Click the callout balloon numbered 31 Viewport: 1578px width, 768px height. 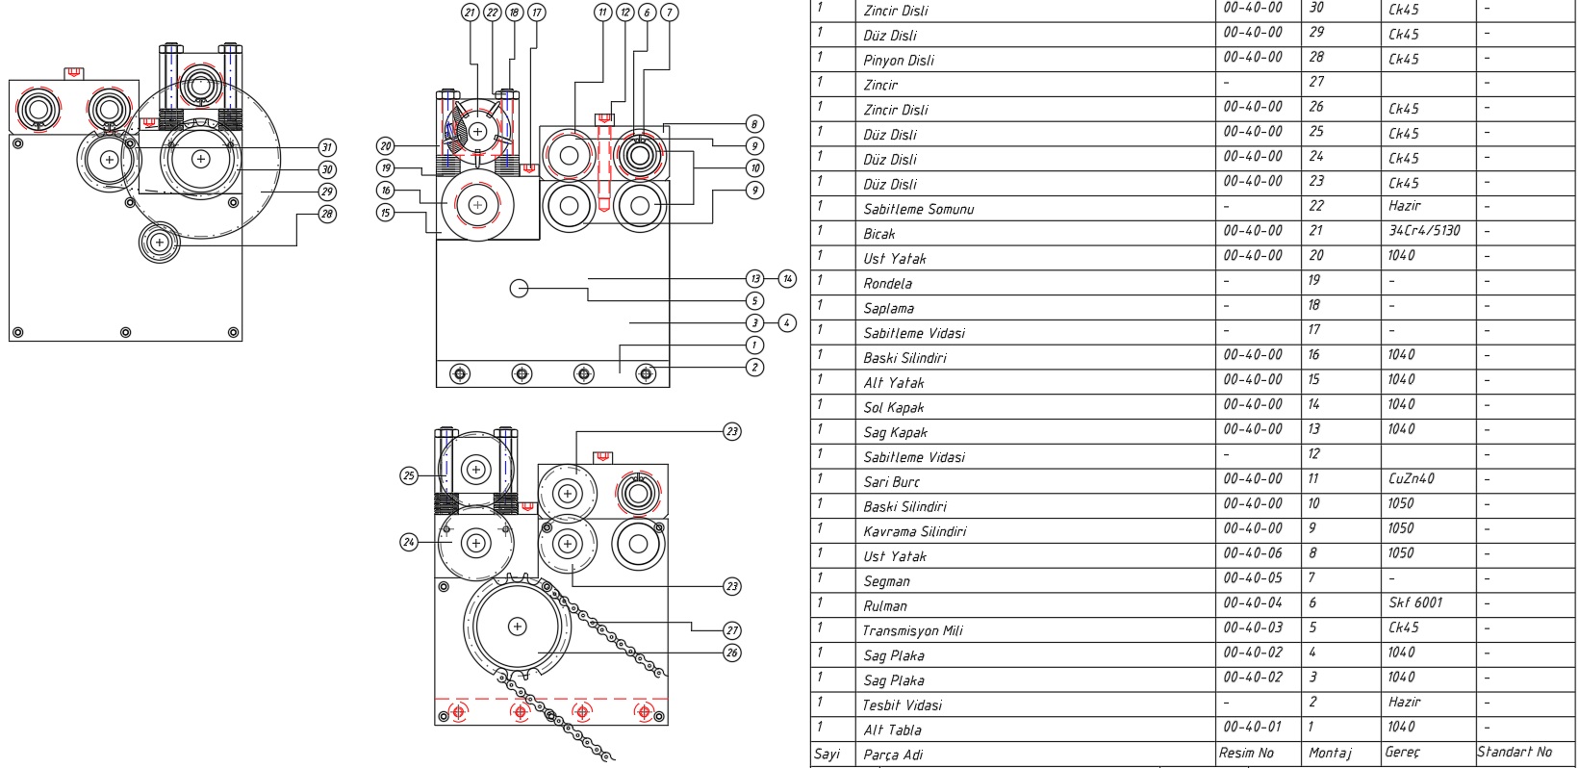tap(327, 147)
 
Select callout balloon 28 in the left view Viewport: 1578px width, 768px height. tap(327, 214)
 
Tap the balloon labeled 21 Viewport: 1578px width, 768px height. tap(470, 13)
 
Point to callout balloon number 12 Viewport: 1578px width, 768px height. tap(625, 13)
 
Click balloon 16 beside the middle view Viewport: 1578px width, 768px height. tap(386, 191)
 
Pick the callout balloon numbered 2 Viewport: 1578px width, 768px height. tap(754, 368)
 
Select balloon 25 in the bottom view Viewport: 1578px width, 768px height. tap(409, 475)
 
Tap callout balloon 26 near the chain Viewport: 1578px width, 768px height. tap(732, 653)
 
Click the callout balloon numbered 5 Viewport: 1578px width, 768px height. tap(754, 301)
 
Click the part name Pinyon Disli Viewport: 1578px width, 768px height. tap(898, 60)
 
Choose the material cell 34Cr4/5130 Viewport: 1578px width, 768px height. tap(1424, 231)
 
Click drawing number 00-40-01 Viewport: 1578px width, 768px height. tap(1252, 727)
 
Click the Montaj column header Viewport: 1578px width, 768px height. tap(1330, 753)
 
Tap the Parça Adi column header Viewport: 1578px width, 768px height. tap(893, 755)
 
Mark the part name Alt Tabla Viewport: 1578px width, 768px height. tap(892, 730)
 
